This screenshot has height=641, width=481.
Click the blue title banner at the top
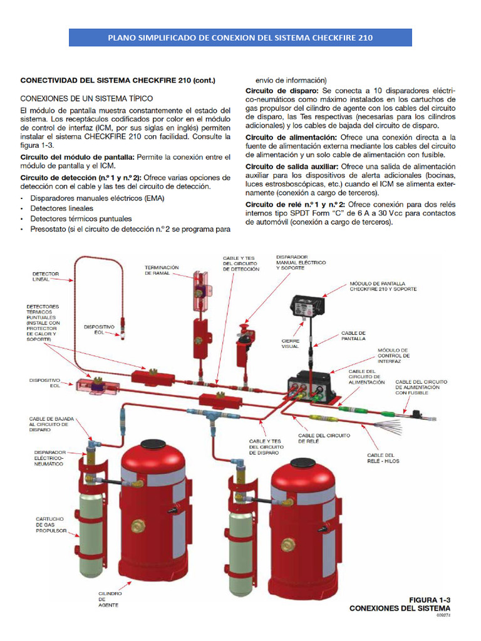click(240, 38)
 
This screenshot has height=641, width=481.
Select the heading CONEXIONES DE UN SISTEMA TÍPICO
click(86, 98)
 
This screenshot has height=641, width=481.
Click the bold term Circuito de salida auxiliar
click(292, 167)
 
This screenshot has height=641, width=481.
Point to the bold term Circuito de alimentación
click(291, 137)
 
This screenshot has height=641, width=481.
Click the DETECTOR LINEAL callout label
click(45, 277)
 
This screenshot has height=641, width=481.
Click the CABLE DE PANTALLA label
click(353, 336)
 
